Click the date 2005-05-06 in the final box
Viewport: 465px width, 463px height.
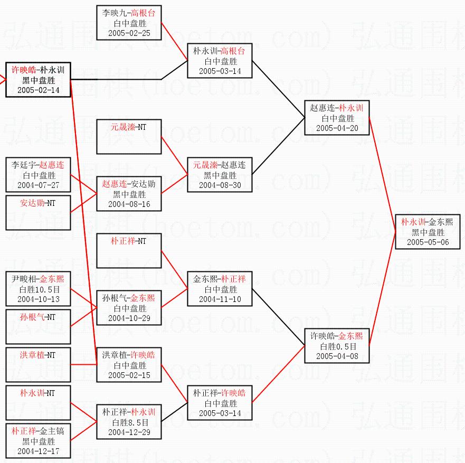[x=428, y=242]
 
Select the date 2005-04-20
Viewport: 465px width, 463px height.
[x=337, y=128]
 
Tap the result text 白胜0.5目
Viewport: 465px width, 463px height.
[x=337, y=346]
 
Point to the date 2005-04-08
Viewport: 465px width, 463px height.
[x=337, y=356]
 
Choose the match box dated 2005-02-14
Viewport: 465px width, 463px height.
[x=38, y=80]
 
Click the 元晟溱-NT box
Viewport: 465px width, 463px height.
[x=129, y=137]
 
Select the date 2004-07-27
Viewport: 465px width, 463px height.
[x=38, y=185]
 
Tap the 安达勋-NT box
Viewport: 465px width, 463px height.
[x=38, y=212]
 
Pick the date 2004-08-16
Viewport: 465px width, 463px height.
[x=129, y=204]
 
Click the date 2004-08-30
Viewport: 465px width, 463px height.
[x=220, y=185]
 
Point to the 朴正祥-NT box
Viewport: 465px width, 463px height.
[x=129, y=250]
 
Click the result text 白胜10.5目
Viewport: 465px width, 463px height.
[x=38, y=289]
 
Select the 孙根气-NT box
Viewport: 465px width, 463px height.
[x=38, y=326]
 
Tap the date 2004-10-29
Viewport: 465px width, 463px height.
[x=129, y=318]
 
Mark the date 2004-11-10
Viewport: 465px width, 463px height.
[x=220, y=299]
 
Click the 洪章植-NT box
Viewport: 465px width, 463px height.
[x=38, y=365]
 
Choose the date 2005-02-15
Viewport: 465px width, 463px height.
[x=129, y=375]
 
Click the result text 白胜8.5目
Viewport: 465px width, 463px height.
[x=129, y=422]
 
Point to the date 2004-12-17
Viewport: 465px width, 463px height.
[x=38, y=451]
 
